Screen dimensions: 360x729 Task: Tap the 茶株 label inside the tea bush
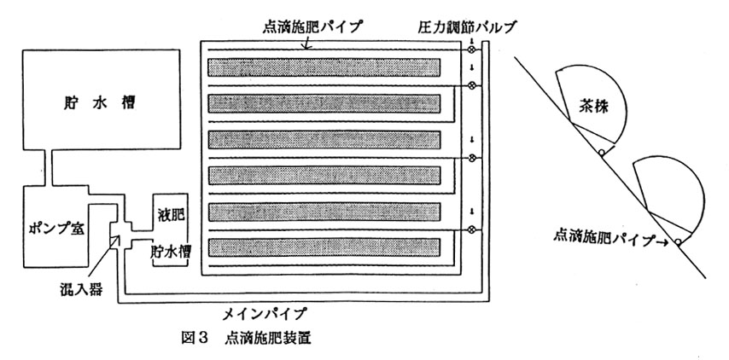coord(586,108)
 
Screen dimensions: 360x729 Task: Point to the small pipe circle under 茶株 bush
coord(602,153)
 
